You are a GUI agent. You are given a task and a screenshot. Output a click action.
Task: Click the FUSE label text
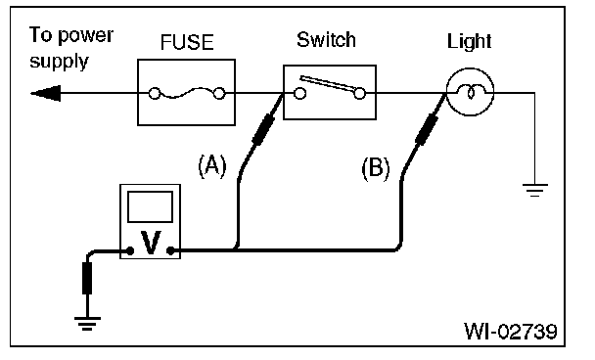tap(187, 42)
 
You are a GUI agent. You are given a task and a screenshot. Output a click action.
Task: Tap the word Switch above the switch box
tap(326, 39)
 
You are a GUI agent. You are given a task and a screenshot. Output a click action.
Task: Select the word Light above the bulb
tap(469, 41)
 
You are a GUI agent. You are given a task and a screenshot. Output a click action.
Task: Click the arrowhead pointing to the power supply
tap(46, 93)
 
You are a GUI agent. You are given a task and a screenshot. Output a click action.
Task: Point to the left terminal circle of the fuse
tap(154, 93)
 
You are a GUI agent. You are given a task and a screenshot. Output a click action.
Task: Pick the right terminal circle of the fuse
tap(219, 93)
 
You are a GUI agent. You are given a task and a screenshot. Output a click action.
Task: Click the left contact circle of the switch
tap(299, 93)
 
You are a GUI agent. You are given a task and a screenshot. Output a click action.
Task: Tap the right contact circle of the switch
tap(360, 93)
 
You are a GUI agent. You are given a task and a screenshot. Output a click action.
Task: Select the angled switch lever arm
tap(328, 84)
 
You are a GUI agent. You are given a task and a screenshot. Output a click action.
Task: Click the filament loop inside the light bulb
tap(470, 92)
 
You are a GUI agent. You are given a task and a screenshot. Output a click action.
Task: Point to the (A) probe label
tap(212, 165)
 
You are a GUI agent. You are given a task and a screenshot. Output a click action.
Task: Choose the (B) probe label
tap(376, 168)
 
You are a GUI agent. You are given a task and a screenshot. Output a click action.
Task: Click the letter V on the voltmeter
tap(151, 243)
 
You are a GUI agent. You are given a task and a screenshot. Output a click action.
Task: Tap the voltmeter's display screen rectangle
tap(151, 206)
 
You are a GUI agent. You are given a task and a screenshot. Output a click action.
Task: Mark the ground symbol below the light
tap(535, 190)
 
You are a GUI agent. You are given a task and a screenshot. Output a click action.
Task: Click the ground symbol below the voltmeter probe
tap(87, 323)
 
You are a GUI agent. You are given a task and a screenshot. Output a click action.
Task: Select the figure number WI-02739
tap(511, 332)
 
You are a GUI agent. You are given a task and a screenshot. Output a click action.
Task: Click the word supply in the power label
tap(59, 62)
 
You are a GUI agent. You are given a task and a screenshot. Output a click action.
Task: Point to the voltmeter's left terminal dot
tap(130, 250)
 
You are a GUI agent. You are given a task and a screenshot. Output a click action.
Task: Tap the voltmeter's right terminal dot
tap(170, 250)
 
